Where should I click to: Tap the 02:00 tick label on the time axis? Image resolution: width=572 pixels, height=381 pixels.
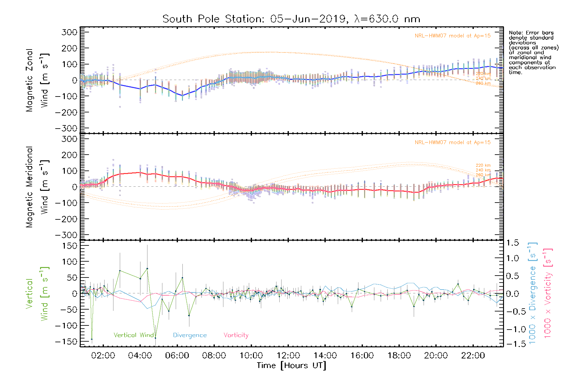[103, 356]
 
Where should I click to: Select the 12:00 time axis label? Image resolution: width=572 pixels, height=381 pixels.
[288, 356]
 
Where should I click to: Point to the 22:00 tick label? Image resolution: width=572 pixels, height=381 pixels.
[473, 356]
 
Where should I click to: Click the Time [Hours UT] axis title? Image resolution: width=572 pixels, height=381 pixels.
[291, 365]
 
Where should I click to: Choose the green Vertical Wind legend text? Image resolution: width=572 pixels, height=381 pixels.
[134, 335]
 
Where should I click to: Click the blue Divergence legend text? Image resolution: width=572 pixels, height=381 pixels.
[190, 335]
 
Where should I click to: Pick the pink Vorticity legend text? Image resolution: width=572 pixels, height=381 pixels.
[236, 335]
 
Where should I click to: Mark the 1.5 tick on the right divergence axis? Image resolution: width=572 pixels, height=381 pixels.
[513, 243]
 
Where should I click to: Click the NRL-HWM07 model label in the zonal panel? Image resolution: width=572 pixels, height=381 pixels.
[453, 36]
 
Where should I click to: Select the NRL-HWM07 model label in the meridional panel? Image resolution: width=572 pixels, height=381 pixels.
[453, 143]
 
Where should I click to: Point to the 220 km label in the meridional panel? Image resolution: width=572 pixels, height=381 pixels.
[483, 165]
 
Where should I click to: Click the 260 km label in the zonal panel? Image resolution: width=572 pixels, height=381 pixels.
[483, 84]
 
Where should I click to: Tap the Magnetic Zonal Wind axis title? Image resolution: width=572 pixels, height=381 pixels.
[37, 80]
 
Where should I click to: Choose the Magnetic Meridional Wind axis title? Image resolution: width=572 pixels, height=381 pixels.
[37, 187]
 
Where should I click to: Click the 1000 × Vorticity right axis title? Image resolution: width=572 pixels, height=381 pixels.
[548, 293]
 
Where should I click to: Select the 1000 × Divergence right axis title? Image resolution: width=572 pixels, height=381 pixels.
[532, 293]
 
